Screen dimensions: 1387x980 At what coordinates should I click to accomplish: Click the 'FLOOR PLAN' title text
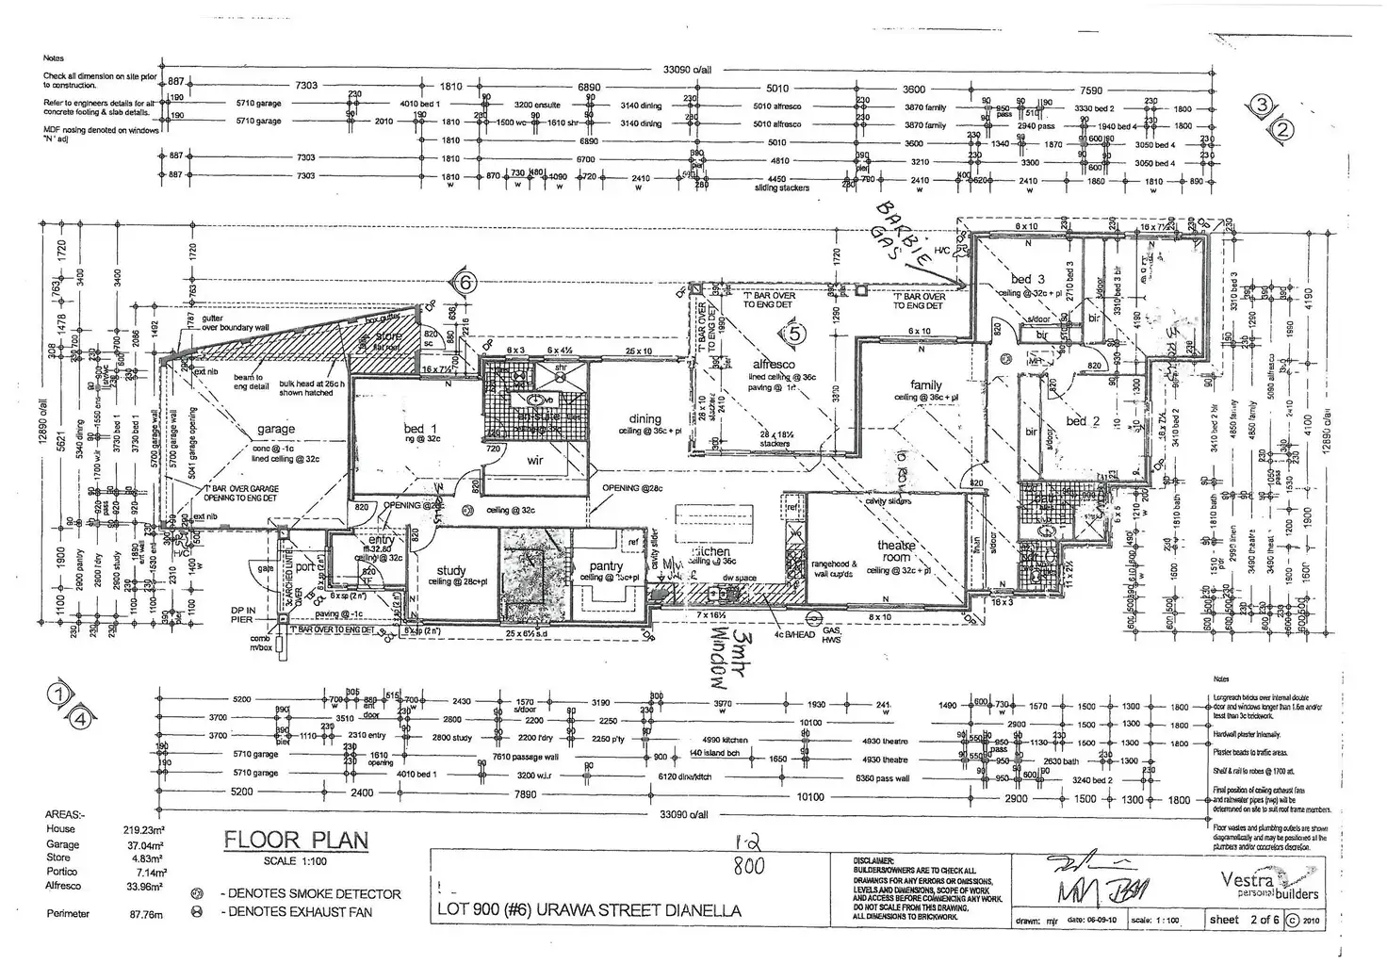(x=295, y=841)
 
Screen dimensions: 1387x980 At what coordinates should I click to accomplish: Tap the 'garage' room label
(x=276, y=429)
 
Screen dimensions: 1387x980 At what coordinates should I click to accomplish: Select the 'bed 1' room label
(x=415, y=429)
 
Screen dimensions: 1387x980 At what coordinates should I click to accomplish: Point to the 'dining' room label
(x=645, y=419)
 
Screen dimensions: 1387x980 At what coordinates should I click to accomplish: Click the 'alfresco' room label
(x=774, y=364)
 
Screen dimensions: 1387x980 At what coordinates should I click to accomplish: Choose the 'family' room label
(x=926, y=384)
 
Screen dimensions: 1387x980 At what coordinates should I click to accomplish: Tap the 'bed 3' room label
(x=1027, y=279)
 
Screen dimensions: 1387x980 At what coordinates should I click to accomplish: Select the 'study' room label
(x=451, y=571)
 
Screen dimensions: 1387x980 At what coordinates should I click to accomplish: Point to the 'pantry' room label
(x=606, y=566)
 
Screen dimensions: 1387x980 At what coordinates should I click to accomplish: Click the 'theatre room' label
(x=896, y=551)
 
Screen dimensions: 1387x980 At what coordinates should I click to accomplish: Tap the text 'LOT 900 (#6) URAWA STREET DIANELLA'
(x=589, y=911)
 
